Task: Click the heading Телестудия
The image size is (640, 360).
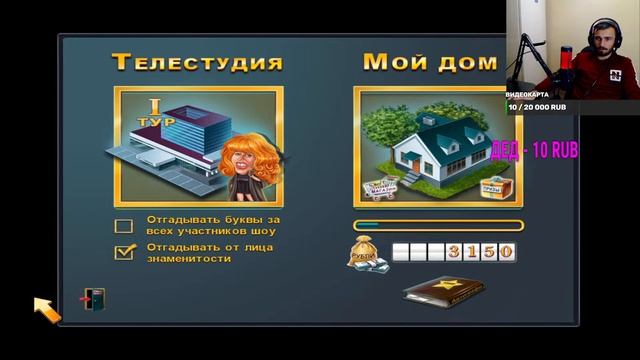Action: click(x=197, y=62)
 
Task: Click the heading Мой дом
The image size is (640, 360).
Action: click(x=429, y=62)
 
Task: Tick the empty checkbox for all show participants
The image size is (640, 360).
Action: click(x=124, y=225)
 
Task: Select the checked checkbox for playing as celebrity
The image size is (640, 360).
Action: click(x=124, y=252)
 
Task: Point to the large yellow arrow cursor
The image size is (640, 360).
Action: click(x=46, y=308)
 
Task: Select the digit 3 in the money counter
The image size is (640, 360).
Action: click(x=455, y=251)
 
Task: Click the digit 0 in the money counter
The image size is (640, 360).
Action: click(x=506, y=251)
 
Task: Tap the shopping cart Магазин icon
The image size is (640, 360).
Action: click(x=383, y=186)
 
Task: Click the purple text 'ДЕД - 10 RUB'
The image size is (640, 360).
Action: click(x=535, y=150)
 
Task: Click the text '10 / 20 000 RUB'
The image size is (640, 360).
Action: click(x=538, y=106)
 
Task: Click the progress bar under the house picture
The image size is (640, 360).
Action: click(x=437, y=225)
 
